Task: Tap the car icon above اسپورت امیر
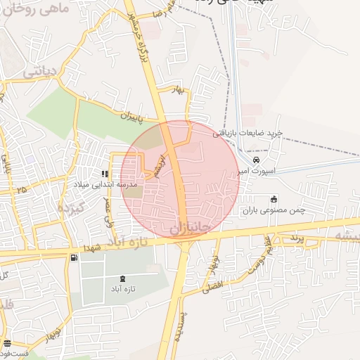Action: (x=255, y=160)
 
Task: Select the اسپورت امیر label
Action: (x=259, y=170)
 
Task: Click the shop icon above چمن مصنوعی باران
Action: (x=274, y=199)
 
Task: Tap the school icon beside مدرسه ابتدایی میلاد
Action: (x=105, y=173)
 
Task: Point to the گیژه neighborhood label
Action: (x=70, y=207)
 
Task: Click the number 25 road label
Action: (x=21, y=189)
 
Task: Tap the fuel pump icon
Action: (x=74, y=257)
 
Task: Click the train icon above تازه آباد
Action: (x=124, y=278)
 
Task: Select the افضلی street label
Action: (x=211, y=285)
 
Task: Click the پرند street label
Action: (x=295, y=238)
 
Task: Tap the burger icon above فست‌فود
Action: (x=7, y=344)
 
